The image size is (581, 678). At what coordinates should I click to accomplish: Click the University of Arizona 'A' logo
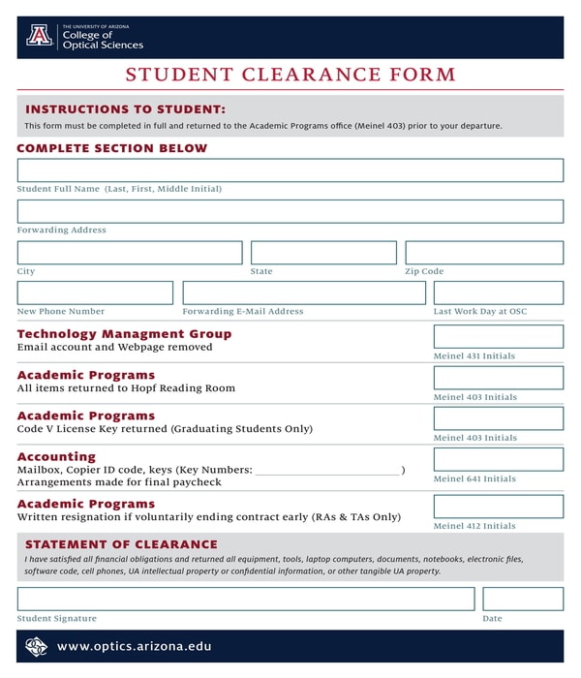(40, 36)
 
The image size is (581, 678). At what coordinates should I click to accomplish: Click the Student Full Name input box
(290, 170)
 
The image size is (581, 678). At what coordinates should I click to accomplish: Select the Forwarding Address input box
(290, 211)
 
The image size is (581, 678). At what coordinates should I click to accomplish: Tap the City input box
(130, 253)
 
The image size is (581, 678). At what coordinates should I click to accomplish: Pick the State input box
(323, 253)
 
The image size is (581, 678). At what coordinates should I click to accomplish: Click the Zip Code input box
(484, 253)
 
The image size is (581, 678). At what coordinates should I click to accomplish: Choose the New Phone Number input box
(95, 293)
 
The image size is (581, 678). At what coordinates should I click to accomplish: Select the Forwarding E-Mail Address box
(304, 293)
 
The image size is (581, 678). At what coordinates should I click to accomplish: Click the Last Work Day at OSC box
(498, 293)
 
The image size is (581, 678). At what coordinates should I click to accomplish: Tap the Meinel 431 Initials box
(498, 336)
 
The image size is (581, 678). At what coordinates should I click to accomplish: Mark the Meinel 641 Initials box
(498, 459)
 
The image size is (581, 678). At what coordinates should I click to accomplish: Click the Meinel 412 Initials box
(498, 507)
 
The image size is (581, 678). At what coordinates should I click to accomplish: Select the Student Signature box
(246, 599)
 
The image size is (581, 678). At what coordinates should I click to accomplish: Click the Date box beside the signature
(523, 599)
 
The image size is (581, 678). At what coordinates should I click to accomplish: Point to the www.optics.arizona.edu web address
(134, 646)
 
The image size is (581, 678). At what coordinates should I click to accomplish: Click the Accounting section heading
(56, 456)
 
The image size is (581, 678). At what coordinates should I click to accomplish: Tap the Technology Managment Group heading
(124, 334)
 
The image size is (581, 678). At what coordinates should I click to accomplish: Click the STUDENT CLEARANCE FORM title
(290, 75)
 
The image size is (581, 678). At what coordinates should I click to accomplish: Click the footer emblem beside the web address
(37, 646)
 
